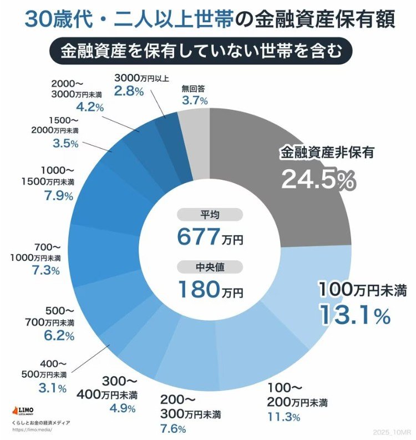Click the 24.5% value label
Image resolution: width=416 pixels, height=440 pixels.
[317, 179]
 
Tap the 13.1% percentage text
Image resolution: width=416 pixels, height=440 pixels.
[354, 315]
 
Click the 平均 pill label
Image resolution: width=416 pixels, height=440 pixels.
[210, 215]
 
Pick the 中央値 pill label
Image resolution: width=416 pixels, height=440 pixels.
[210, 267]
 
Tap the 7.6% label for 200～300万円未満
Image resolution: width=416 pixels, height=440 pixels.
[173, 428]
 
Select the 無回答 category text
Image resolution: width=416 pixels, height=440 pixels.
[194, 88]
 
